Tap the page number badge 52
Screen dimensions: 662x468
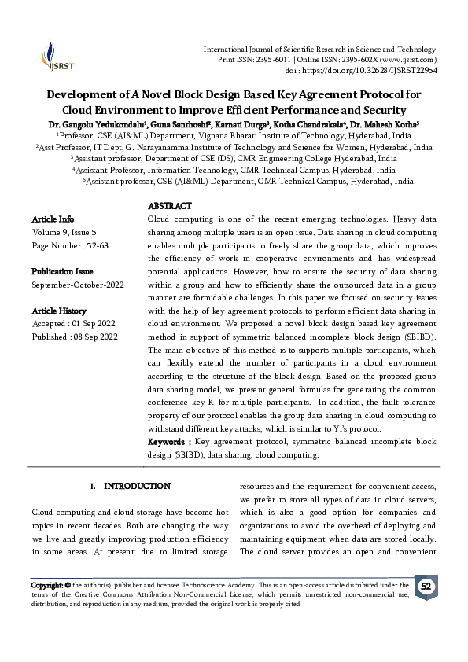(x=426, y=587)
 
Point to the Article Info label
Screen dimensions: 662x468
(x=53, y=218)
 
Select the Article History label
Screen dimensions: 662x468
(x=59, y=311)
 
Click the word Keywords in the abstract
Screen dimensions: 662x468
(x=168, y=443)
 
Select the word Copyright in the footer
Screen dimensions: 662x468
(x=46, y=585)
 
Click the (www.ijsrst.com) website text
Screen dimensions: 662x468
(x=408, y=60)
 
